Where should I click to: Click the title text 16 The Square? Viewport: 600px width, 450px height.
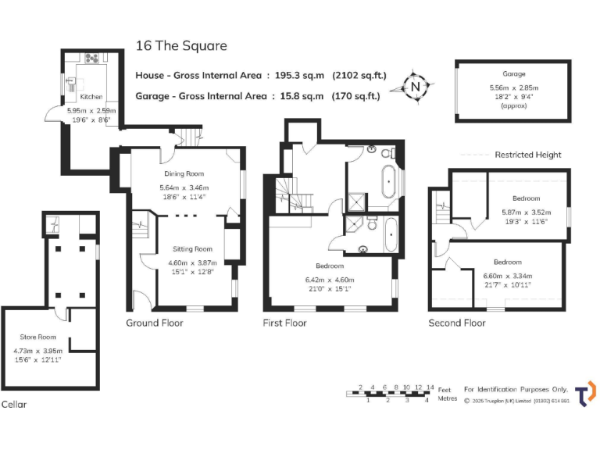[181, 45]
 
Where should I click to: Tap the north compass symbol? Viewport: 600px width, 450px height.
[416, 86]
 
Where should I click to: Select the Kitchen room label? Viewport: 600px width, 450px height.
[91, 97]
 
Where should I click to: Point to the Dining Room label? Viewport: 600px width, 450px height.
[184, 173]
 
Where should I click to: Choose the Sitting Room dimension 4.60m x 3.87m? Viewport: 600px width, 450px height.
[192, 263]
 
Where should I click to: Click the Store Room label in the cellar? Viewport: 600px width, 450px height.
[38, 337]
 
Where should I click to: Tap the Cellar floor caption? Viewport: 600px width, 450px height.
[14, 405]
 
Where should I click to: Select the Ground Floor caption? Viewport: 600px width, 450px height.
[155, 323]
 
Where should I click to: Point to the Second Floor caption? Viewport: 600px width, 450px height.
[457, 323]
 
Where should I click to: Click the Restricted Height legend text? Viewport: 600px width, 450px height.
[528, 155]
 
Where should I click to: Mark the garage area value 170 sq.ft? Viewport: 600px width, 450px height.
[357, 97]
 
